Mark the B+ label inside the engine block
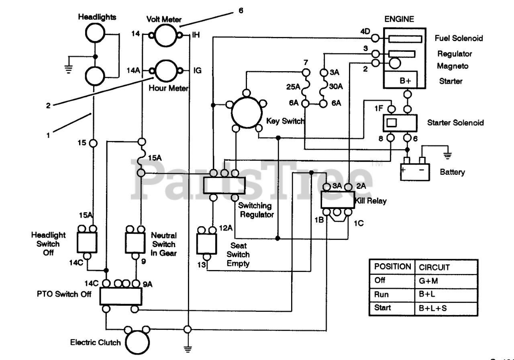pos(405,81)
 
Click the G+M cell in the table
pos(428,281)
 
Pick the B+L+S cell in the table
pos(433,308)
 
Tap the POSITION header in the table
pos(393,266)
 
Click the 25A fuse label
pos(293,87)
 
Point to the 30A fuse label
pos(336,86)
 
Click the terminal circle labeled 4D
pos(375,38)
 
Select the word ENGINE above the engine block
pos(399,19)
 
